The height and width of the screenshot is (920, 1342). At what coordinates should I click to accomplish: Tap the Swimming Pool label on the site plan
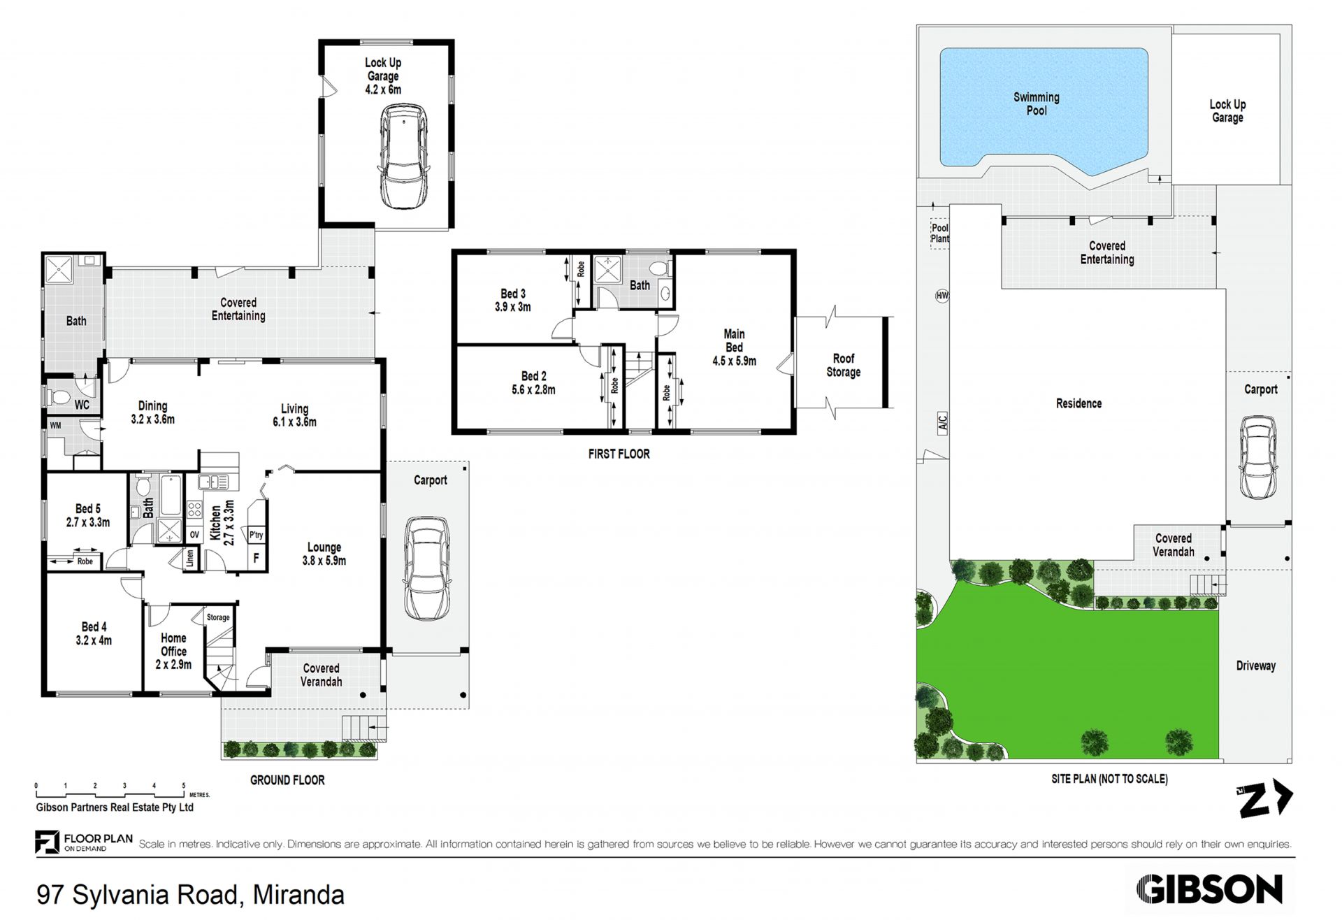(x=1037, y=104)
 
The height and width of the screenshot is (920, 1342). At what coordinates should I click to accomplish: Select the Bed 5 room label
(x=88, y=509)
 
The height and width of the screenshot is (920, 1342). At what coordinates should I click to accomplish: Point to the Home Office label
(x=173, y=645)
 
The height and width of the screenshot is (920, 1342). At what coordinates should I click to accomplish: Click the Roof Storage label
(x=843, y=365)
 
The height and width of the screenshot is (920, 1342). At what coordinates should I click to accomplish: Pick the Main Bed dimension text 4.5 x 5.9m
(x=734, y=361)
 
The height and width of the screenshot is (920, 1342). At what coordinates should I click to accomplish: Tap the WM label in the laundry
(x=55, y=424)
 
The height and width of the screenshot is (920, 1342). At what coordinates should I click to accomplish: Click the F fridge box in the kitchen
(x=257, y=558)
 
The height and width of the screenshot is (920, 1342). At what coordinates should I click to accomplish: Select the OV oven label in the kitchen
(x=194, y=535)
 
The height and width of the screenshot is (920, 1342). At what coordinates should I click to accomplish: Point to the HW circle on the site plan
(x=941, y=296)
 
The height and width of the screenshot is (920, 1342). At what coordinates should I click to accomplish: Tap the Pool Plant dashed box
(x=940, y=233)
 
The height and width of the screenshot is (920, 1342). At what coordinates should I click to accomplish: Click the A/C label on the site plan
(x=941, y=422)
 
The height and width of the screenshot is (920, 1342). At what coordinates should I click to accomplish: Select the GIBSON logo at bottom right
(x=1209, y=889)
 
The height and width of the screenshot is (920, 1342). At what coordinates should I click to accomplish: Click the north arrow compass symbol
(x=1266, y=798)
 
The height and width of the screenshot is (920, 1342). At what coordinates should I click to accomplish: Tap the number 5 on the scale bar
(x=184, y=786)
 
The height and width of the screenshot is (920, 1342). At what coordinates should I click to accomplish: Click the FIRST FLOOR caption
(x=619, y=454)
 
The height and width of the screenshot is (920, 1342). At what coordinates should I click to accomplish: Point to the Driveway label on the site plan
(x=1255, y=666)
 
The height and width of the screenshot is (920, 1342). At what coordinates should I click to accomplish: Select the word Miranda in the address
(x=298, y=895)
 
